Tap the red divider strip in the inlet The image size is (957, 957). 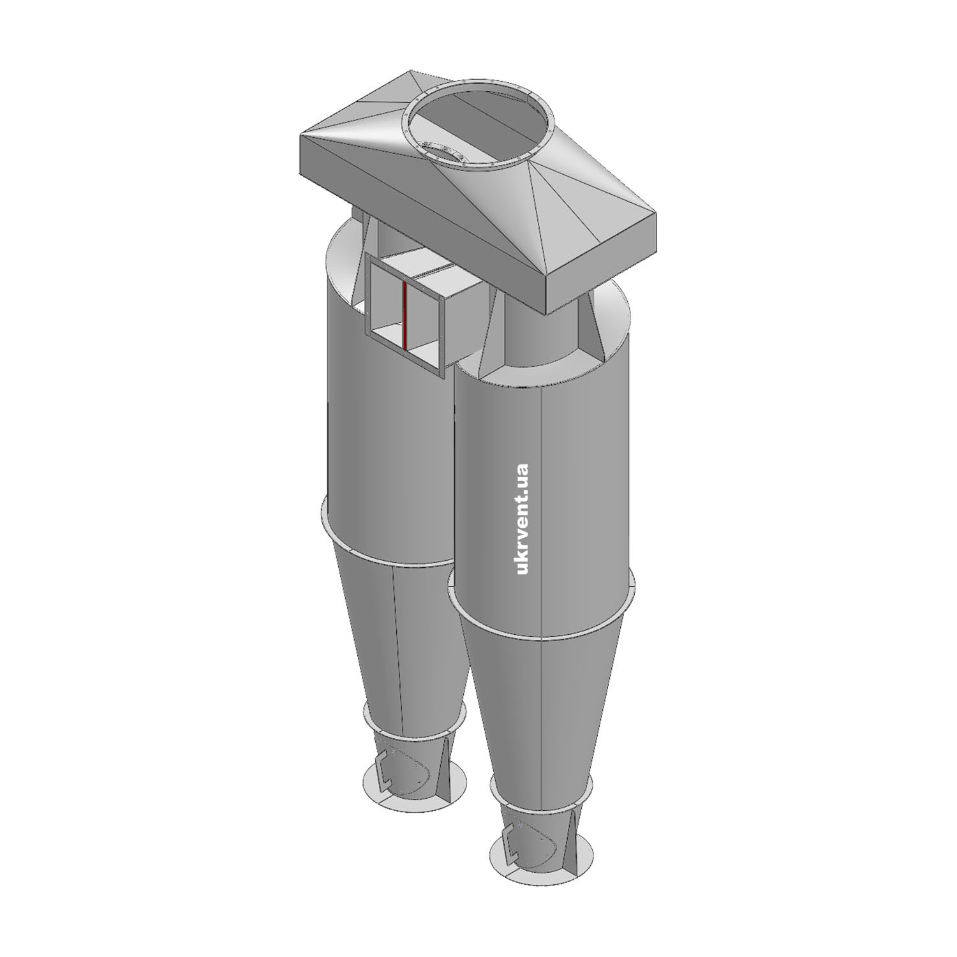[x=404, y=315]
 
